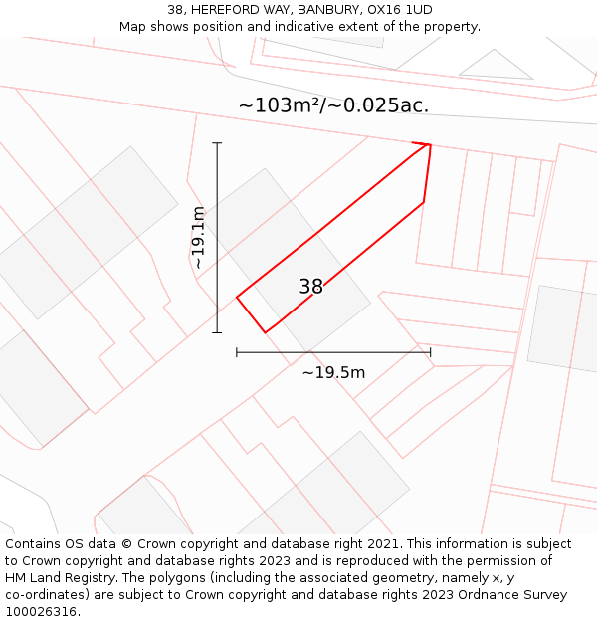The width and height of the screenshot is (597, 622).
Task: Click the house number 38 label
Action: pos(311,287)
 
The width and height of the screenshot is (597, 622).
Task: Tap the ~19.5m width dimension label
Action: pos(333,372)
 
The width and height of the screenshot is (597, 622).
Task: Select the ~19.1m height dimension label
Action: pos(199,238)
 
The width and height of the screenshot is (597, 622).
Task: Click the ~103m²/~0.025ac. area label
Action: pos(333,104)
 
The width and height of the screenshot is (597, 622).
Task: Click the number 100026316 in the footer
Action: pos(40,611)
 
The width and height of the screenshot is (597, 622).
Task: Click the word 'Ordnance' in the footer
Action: pos(470,595)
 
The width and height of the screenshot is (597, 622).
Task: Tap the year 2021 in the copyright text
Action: pos(385,544)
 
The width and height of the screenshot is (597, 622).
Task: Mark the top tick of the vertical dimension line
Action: pos(217,143)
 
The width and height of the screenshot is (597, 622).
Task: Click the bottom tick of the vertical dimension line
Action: pos(217,332)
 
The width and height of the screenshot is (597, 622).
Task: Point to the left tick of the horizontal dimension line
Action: pos(237,351)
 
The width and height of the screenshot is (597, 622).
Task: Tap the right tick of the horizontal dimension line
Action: pos(430,351)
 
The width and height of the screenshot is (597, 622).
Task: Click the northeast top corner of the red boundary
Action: pos(430,145)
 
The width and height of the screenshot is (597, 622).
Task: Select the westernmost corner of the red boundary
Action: pos(237,297)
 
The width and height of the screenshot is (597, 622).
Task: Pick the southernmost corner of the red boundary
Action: pos(266,332)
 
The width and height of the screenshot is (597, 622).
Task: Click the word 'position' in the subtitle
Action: pos(227,26)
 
